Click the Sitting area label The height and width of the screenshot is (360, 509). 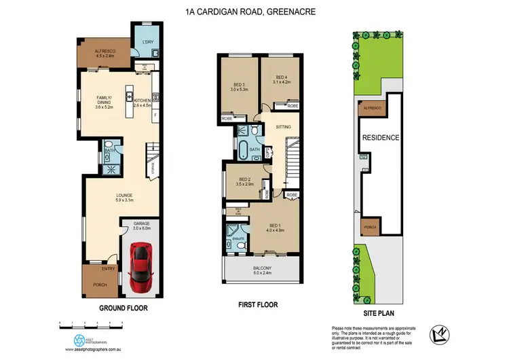[x=284, y=127]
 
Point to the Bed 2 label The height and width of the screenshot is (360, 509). [x=244, y=182]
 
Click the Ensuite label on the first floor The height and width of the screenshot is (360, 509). [x=238, y=238]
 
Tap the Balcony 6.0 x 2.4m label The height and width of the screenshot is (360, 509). [x=261, y=271]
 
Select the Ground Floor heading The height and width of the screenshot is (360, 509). [x=123, y=308]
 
